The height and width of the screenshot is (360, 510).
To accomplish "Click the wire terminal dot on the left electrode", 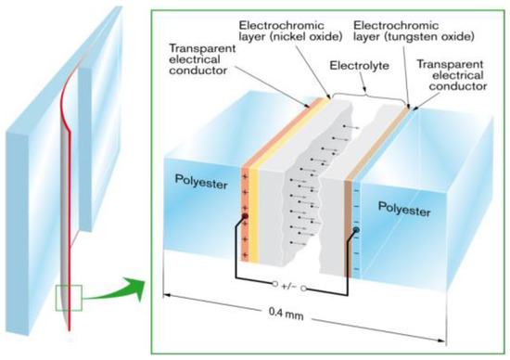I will click(242, 218).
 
